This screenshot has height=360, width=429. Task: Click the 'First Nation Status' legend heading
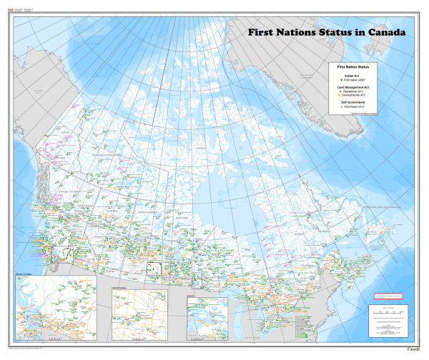[x=352, y=66]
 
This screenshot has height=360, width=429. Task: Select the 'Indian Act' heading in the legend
[x=352, y=75]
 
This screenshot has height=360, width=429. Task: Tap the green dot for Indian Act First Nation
[x=341, y=81]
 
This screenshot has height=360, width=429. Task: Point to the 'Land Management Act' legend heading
[x=352, y=87]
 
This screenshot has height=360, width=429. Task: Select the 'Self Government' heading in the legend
[x=352, y=102]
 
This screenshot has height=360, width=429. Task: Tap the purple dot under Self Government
[x=341, y=107]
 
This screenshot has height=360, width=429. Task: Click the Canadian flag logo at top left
[x=10, y=10]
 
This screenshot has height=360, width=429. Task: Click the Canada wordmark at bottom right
[x=413, y=350]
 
